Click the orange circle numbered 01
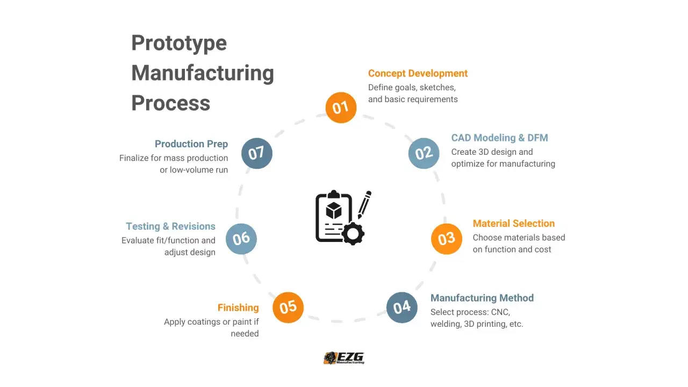[341, 107]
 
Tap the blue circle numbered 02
[424, 153]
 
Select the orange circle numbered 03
[447, 239]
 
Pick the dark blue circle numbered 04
[402, 307]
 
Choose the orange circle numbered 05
[288, 307]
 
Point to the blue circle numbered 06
[241, 239]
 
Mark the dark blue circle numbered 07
[257, 153]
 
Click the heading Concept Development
[418, 74]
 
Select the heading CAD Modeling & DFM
[499, 138]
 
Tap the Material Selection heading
[513, 223]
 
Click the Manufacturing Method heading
[482, 298]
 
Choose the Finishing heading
[238, 308]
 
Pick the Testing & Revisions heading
[170, 226]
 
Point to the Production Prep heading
[191, 144]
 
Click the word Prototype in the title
[179, 44]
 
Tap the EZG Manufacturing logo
[344, 358]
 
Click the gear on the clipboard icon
[353, 234]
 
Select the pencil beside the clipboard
[364, 205]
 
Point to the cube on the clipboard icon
[334, 210]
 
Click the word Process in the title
[171, 103]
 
